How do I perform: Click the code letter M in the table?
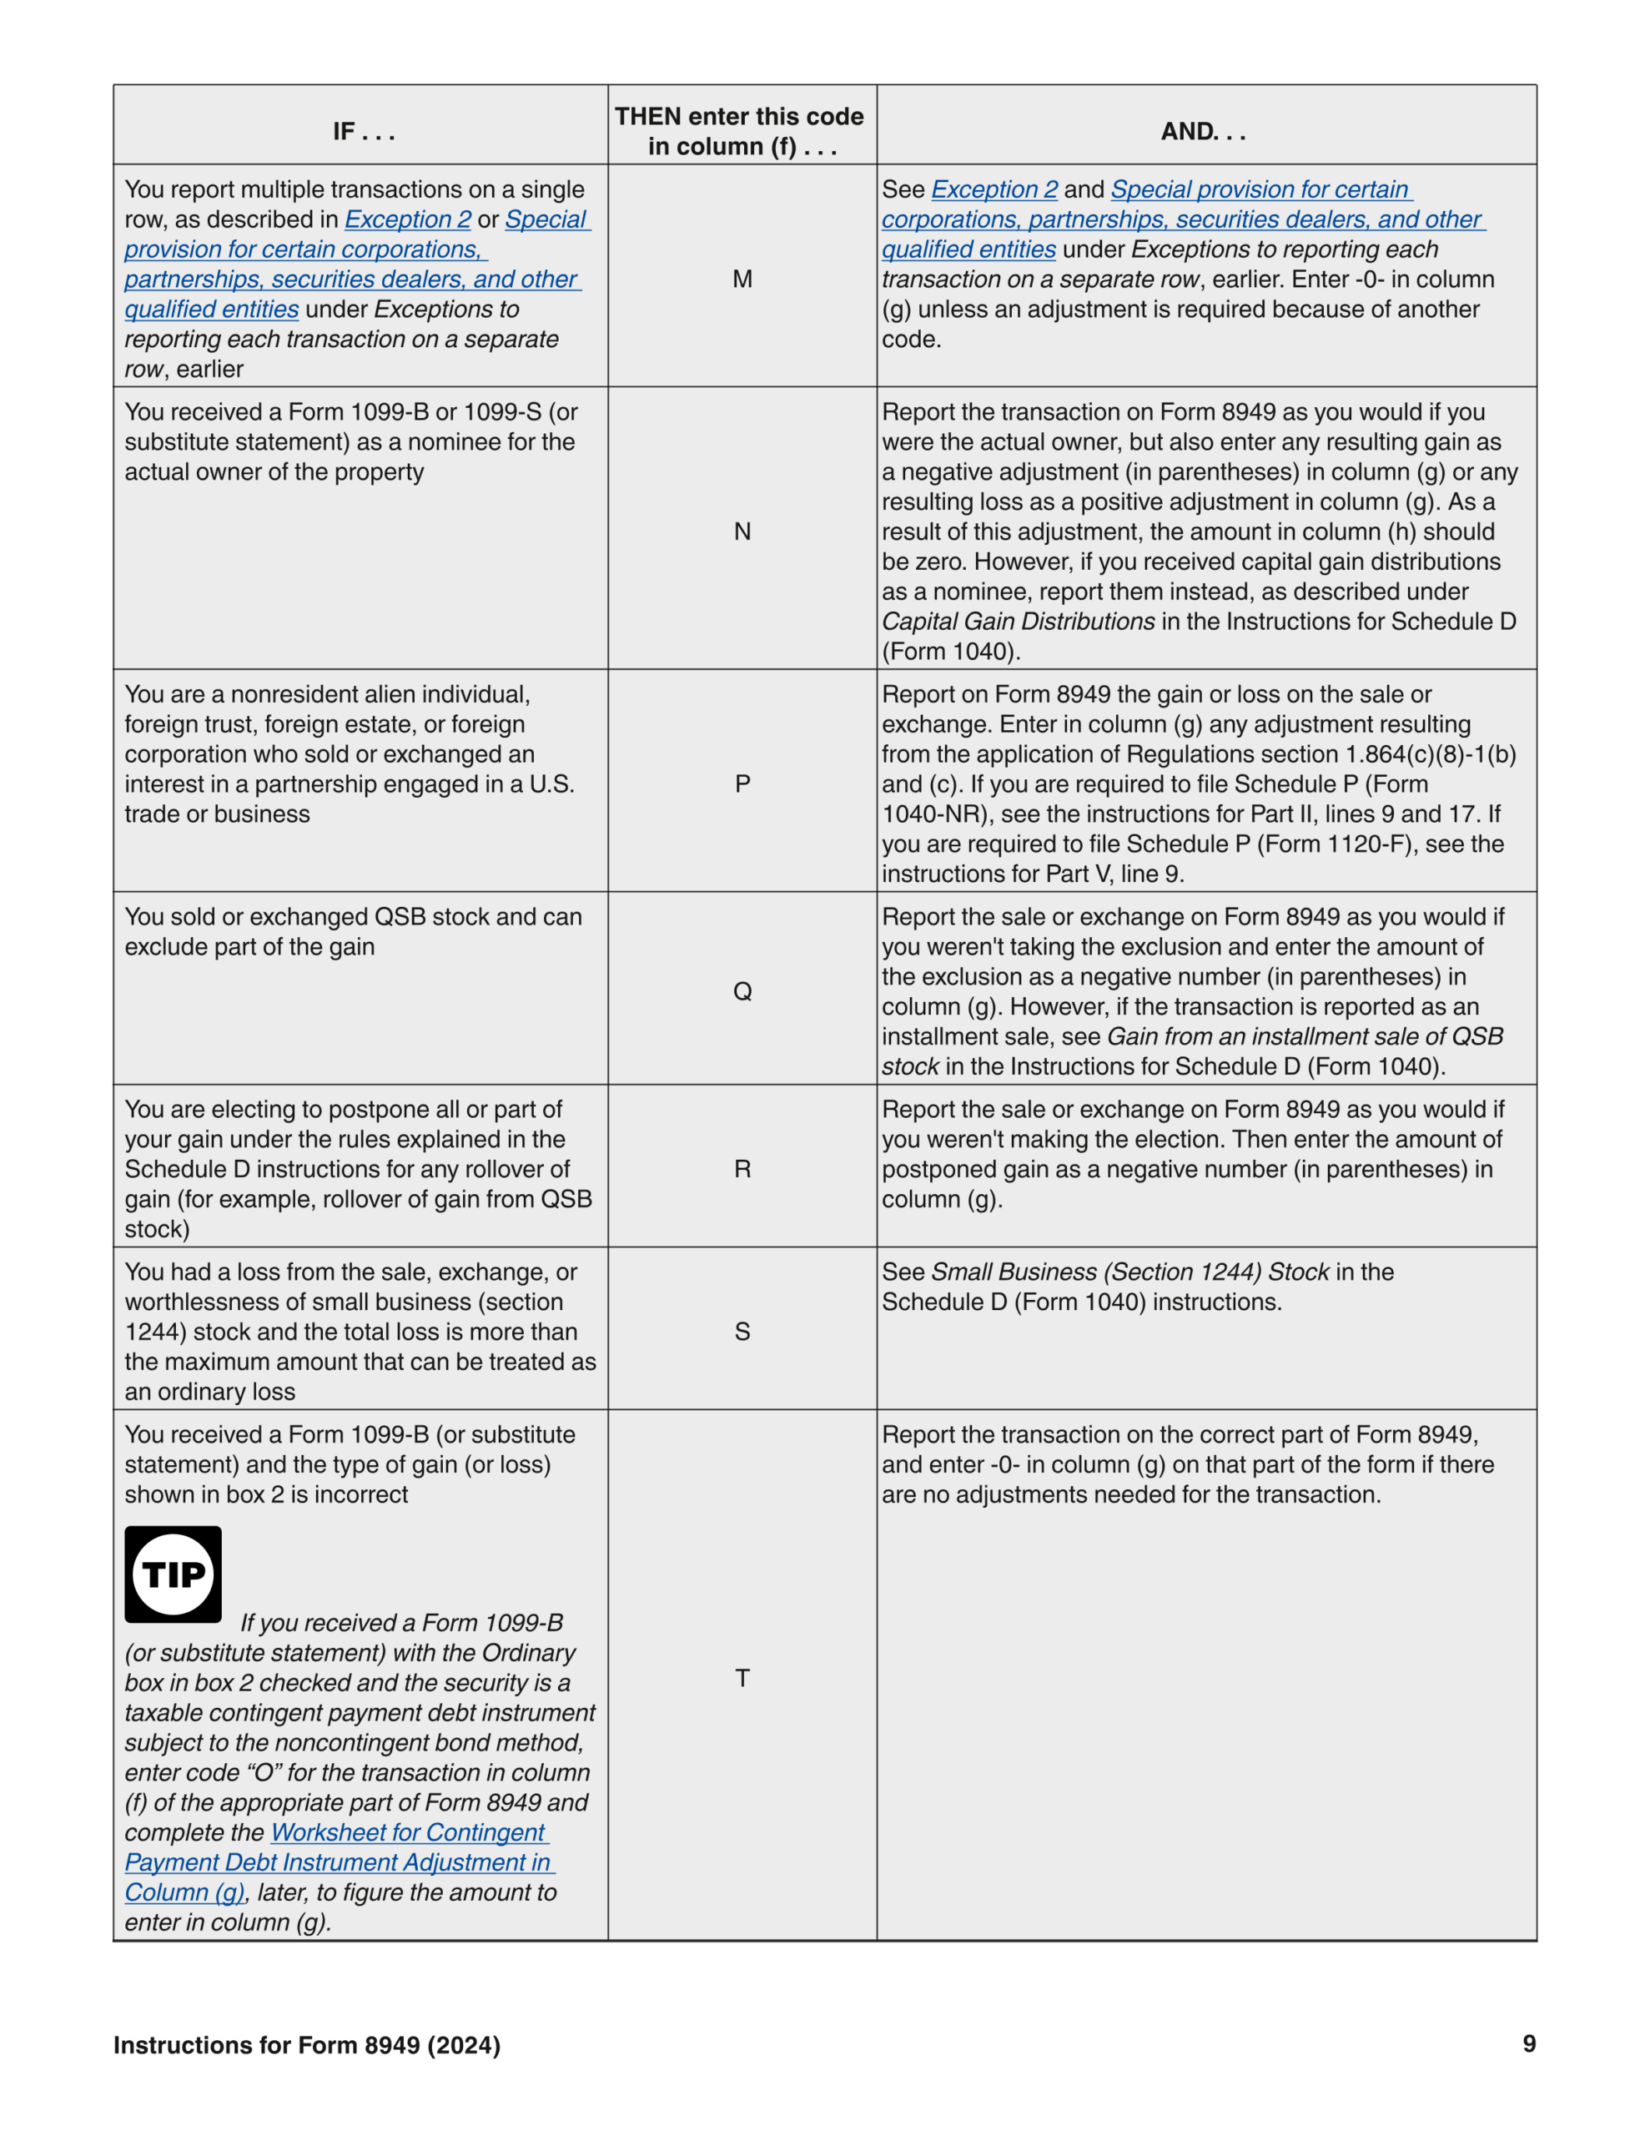coord(742,280)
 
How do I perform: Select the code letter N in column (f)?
coord(742,532)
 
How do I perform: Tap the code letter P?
coord(742,784)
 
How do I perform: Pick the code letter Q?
coord(742,992)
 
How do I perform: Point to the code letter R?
coord(742,1170)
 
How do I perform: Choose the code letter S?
coord(742,1332)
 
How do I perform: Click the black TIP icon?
coord(174,1574)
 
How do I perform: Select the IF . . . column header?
coord(363,131)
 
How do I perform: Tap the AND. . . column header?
coord(1203,131)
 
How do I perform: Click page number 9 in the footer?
coord(1529,2044)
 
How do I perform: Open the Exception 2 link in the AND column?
coord(994,189)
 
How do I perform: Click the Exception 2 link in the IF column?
coord(408,220)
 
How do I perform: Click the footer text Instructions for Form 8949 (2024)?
coord(306,2045)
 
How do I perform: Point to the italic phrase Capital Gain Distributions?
coord(1017,622)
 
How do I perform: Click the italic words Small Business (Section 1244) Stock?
coord(1129,1272)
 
